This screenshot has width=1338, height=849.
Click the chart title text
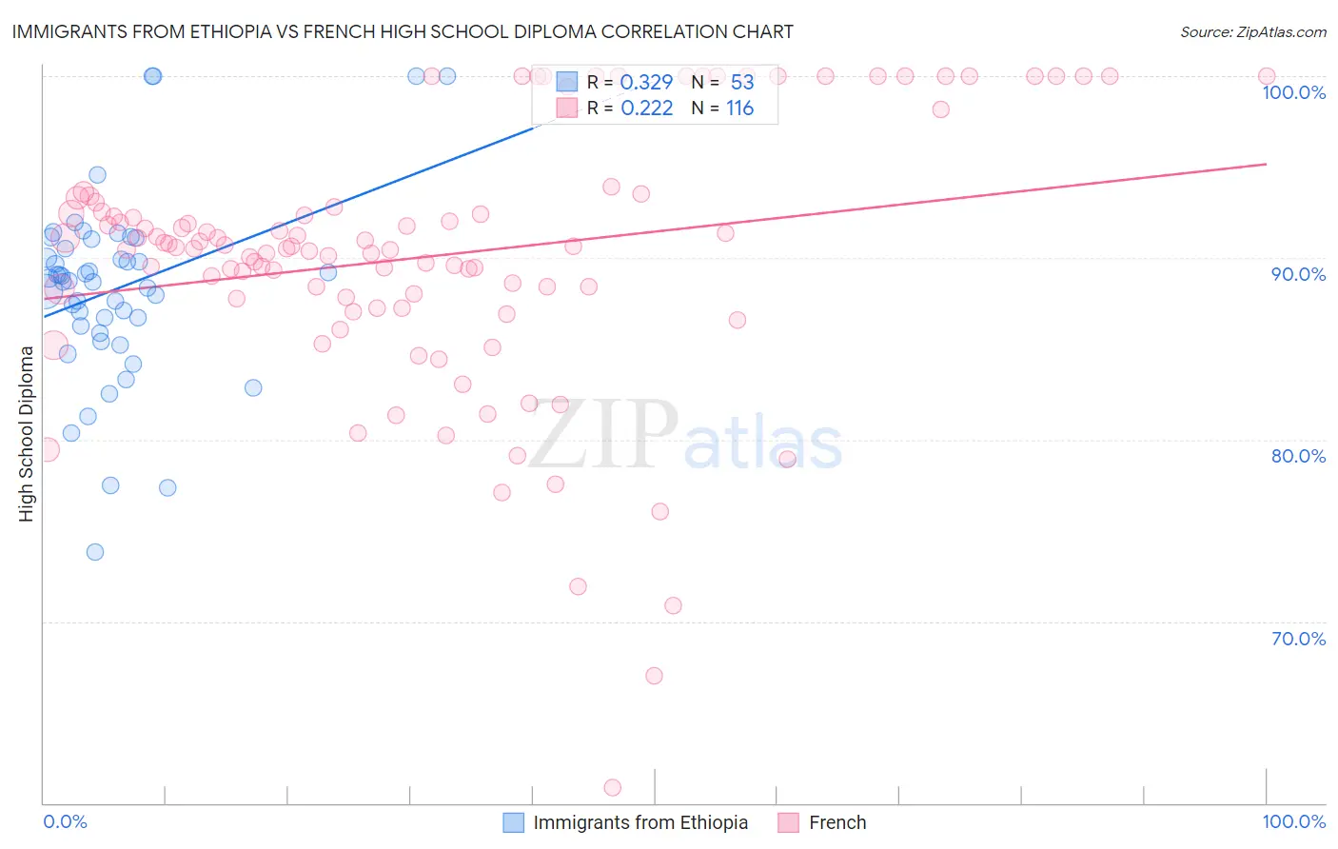tap(403, 31)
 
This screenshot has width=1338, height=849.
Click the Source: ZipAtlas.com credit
tap(1252, 31)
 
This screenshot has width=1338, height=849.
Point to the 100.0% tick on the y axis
tap(1293, 92)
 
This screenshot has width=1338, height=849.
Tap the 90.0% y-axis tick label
tap(1298, 274)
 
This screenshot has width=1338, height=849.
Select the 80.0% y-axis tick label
tap(1298, 456)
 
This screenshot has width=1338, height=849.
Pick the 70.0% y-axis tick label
tap(1298, 639)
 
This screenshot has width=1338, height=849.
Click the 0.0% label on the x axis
tap(65, 821)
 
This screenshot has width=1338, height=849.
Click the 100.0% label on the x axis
tap(1293, 821)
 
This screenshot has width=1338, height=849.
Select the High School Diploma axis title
tap(26, 433)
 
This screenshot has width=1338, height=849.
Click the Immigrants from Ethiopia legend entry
tap(639, 822)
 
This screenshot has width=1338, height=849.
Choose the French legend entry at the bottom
tap(836, 822)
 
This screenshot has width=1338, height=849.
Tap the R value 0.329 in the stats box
tap(646, 83)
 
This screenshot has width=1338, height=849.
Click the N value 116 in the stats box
tap(739, 109)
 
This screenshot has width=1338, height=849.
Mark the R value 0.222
tap(646, 109)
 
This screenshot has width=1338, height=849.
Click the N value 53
tap(741, 83)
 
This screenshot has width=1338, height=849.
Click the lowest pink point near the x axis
tap(613, 787)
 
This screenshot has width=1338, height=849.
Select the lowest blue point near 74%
tap(95, 552)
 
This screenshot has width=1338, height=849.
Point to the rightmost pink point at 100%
tap(1267, 76)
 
